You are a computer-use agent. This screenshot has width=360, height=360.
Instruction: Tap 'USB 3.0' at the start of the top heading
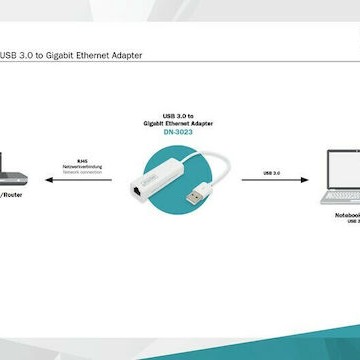point(15,55)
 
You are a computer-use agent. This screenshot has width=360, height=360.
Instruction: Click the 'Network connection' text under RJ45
point(81,172)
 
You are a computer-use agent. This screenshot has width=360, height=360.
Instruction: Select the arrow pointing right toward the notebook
point(269,182)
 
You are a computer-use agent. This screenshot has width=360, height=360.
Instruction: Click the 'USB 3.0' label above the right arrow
point(266,173)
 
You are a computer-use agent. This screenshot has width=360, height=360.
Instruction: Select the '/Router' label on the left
point(12,195)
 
